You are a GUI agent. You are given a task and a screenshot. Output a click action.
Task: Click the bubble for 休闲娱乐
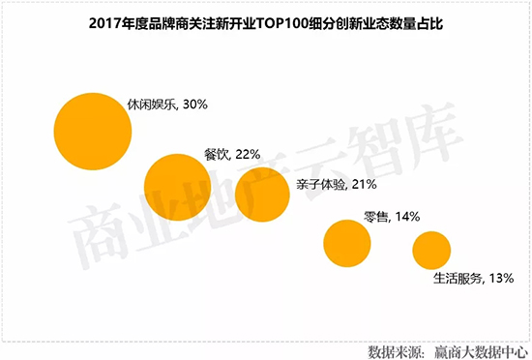(x=92, y=130)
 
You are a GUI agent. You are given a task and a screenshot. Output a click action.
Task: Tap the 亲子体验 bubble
(x=262, y=195)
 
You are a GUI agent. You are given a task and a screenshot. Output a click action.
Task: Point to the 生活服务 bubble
(x=431, y=250)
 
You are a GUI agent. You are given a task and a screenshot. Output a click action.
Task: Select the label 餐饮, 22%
(x=233, y=153)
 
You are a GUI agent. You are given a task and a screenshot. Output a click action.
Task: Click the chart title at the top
(x=266, y=19)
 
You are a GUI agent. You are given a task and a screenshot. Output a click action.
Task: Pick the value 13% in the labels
(x=499, y=280)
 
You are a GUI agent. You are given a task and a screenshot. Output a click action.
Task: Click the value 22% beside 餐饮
(x=249, y=153)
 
